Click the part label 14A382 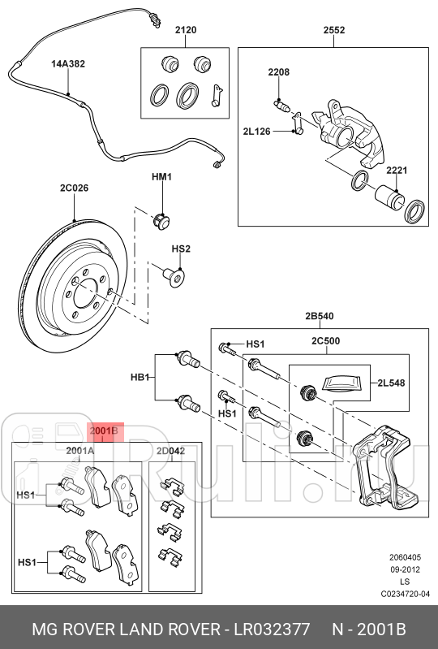(68, 63)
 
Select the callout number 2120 (185, 30)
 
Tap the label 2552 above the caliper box (334, 30)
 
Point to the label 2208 (279, 72)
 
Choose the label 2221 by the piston (397, 171)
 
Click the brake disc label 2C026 (74, 188)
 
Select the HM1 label (162, 176)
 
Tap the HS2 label (180, 249)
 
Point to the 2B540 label (320, 317)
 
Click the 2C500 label (325, 342)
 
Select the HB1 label (141, 378)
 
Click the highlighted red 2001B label (104, 431)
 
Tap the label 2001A (79, 450)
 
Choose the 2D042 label (170, 450)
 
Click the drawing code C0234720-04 (406, 594)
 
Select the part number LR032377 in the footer (271, 630)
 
